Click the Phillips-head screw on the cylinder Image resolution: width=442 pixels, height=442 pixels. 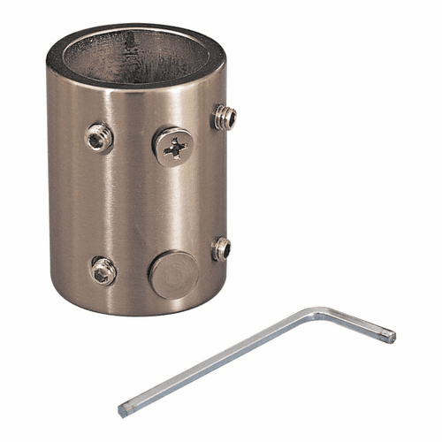175,145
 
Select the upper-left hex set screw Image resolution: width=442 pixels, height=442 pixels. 99,136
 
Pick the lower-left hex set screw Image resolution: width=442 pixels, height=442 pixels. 103,271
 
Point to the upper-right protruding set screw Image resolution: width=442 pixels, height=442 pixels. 224,116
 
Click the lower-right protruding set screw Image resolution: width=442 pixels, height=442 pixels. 221,248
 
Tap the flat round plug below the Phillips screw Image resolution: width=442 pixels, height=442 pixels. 173,275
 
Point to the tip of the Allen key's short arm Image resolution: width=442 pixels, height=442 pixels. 388,337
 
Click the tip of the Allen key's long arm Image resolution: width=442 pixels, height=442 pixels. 123,410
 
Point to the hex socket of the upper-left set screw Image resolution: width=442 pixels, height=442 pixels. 97,136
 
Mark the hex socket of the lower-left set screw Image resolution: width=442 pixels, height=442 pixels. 103,272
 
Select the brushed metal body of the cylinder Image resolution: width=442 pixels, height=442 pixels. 133,203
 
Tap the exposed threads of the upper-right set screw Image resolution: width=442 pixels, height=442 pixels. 228,117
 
